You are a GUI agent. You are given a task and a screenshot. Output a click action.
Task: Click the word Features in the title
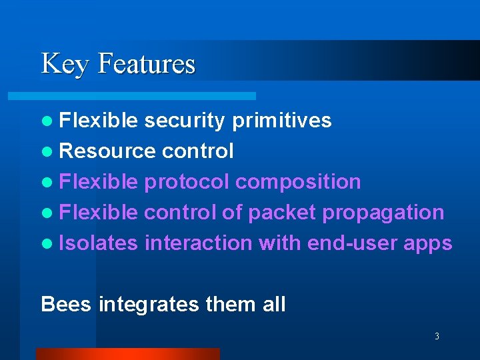coord(147,63)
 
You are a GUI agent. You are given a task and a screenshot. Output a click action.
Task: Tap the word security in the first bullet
coord(185,121)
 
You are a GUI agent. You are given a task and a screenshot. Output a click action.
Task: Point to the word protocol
coord(187,182)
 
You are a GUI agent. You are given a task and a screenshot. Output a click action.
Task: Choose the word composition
coord(299,182)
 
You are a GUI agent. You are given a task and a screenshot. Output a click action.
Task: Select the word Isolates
coord(99,243)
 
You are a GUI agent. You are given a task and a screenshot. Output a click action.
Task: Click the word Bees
coord(67,305)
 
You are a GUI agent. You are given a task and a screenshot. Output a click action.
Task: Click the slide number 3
coord(437,337)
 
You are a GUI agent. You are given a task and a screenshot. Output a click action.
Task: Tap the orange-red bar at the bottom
coord(127,354)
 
